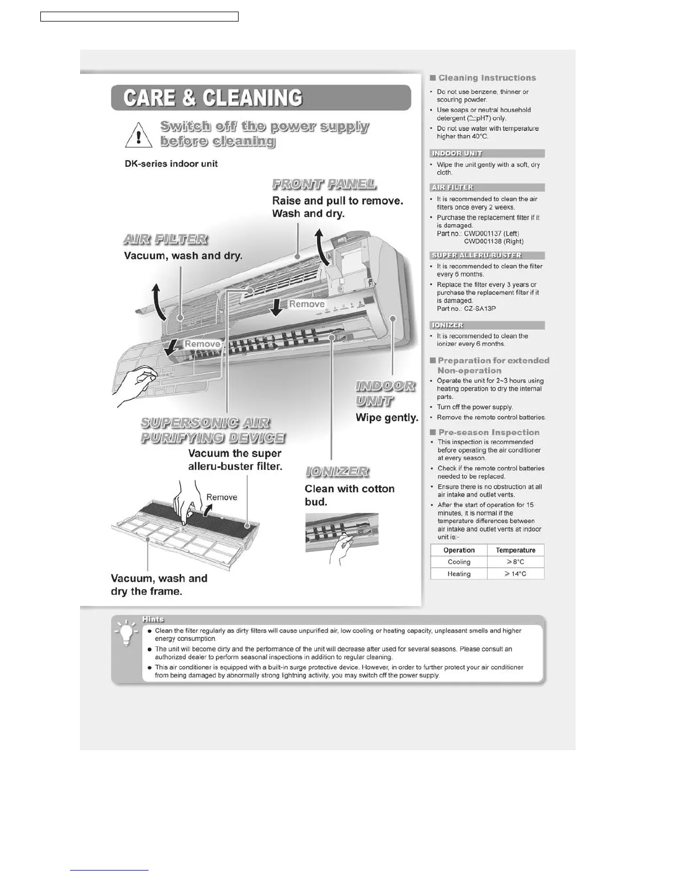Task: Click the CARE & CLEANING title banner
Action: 261,98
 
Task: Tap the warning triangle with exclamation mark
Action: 139,135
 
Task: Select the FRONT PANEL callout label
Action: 324,184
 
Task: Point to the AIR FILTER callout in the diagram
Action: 165,239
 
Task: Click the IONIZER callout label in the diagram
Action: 337,472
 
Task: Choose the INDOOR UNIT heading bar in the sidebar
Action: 487,154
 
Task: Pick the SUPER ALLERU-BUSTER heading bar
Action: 487,255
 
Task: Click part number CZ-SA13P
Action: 479,309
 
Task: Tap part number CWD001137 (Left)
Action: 491,234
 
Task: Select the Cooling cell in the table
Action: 459,562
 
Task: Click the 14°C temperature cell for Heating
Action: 515,574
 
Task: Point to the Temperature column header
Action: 515,550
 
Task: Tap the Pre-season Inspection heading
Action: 488,433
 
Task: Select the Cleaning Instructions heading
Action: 487,78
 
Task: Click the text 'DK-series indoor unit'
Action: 171,164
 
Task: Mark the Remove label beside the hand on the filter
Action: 221,497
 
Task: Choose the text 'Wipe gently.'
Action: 387,418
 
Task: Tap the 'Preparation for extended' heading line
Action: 493,361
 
